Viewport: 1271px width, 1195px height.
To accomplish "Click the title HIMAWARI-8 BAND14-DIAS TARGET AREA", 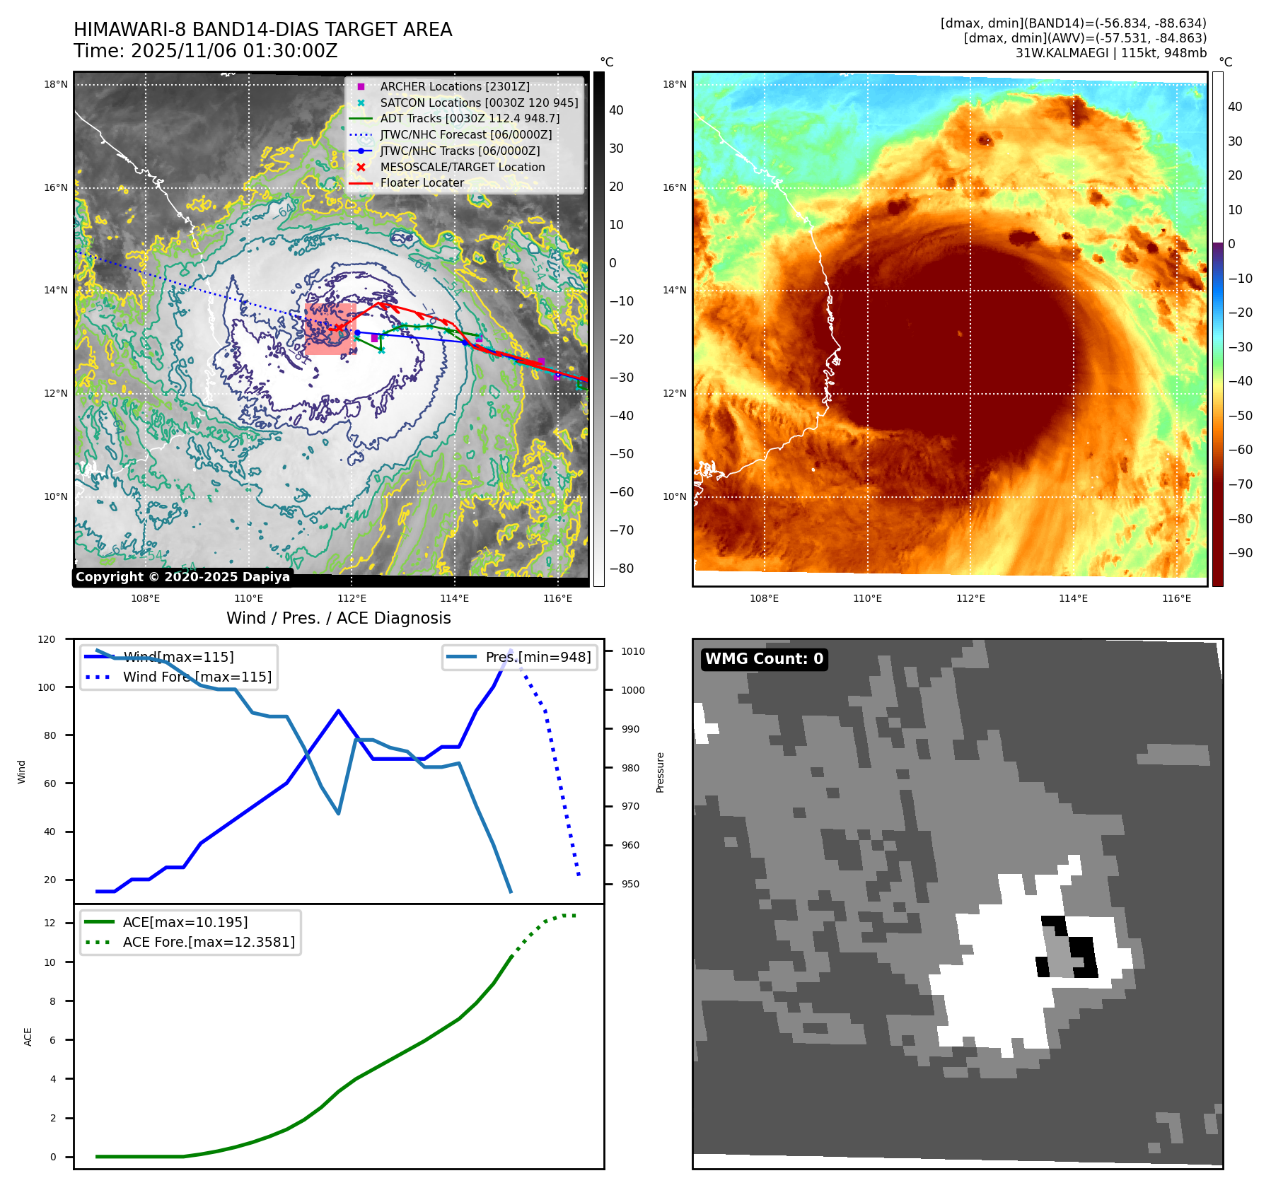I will (x=262, y=30).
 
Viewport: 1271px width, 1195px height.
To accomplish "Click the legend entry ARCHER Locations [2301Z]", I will (x=454, y=86).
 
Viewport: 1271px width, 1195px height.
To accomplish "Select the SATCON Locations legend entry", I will (x=479, y=103).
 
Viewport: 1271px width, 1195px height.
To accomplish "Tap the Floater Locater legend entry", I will (x=422, y=182).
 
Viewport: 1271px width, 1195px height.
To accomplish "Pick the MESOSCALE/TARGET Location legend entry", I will (x=462, y=167).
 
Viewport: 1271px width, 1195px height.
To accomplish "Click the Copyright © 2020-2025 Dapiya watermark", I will (x=182, y=577).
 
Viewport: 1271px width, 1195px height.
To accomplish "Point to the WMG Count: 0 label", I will (x=764, y=659).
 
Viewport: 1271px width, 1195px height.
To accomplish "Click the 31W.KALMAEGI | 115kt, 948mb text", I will (x=1110, y=53).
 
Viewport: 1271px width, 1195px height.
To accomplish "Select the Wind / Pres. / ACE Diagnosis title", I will (x=338, y=618).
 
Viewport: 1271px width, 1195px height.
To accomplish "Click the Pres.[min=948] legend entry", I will (x=538, y=657).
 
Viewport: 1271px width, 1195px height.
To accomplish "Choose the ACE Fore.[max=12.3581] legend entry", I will (x=209, y=942).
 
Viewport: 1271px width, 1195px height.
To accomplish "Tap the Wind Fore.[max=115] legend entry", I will (x=197, y=677).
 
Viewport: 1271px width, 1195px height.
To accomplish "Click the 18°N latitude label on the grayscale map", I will (x=56, y=84).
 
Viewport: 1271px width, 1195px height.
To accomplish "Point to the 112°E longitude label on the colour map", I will (x=970, y=598).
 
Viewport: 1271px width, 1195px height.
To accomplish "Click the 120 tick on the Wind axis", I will (x=47, y=639).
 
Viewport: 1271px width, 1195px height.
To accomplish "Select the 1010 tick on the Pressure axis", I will (x=633, y=651).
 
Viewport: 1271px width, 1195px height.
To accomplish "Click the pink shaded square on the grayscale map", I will (x=330, y=329).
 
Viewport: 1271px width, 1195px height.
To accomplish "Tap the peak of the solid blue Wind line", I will (x=511, y=650).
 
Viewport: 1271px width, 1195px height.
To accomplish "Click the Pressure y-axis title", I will (x=660, y=772).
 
